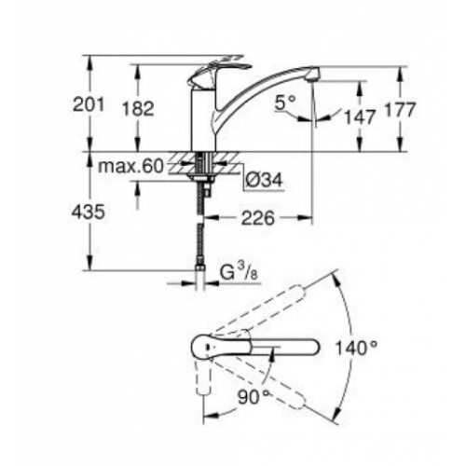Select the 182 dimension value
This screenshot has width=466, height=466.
click(139, 108)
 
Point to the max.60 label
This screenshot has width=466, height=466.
click(131, 167)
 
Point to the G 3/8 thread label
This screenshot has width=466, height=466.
click(234, 273)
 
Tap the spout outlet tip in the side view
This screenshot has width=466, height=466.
click(313, 73)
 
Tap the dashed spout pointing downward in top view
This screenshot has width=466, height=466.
click(201, 382)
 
